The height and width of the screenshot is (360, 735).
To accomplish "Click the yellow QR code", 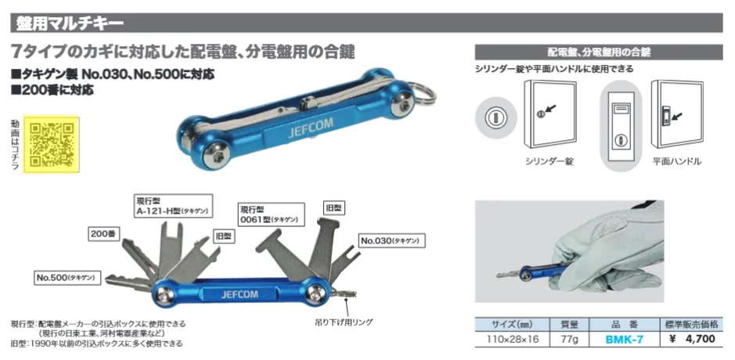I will (x=52, y=143).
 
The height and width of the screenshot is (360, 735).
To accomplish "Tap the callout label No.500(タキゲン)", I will (x=65, y=277).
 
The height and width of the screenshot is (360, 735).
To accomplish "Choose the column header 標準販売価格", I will (x=691, y=323).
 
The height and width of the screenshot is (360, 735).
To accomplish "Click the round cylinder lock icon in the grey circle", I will (x=494, y=119).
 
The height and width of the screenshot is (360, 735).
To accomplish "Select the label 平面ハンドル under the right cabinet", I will (x=676, y=161).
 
